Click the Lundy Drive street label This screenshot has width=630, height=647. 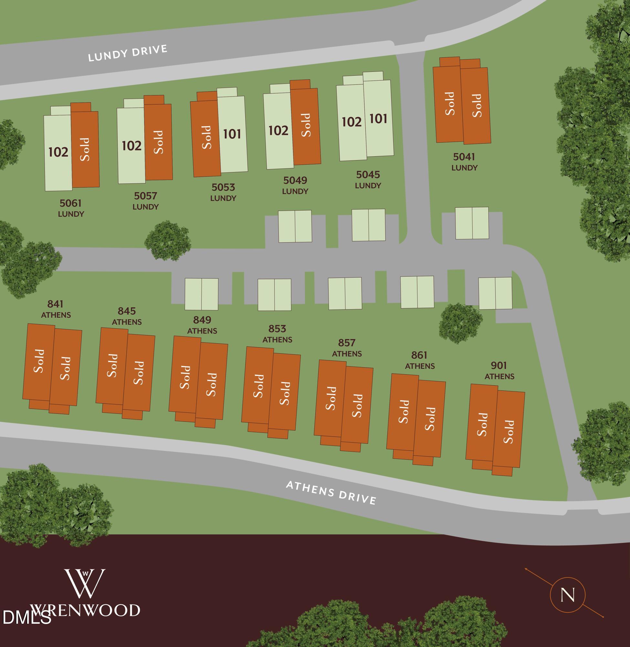tap(127, 53)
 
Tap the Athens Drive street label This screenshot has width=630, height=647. tap(331, 493)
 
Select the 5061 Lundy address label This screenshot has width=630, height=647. tap(71, 208)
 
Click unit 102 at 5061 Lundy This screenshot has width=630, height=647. tap(58, 152)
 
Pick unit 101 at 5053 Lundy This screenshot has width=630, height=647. tap(232, 134)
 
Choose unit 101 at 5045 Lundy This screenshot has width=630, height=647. tap(378, 119)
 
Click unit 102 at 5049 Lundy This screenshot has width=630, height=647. tap(278, 130)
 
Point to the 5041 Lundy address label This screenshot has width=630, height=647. tap(464, 162)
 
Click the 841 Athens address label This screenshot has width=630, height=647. tap(56, 309)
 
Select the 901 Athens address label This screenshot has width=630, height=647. tap(499, 370)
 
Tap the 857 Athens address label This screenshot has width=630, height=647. tap(347, 347)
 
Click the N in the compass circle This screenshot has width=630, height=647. tap(567, 595)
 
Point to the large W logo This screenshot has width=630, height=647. tap(85, 583)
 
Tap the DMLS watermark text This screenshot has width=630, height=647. tap(26, 617)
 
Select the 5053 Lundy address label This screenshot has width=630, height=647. tap(223, 192)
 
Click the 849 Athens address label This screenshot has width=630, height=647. tap(202, 325)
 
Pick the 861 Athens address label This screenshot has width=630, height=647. tap(420, 360)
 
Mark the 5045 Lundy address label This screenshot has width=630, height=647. tap(368, 179)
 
